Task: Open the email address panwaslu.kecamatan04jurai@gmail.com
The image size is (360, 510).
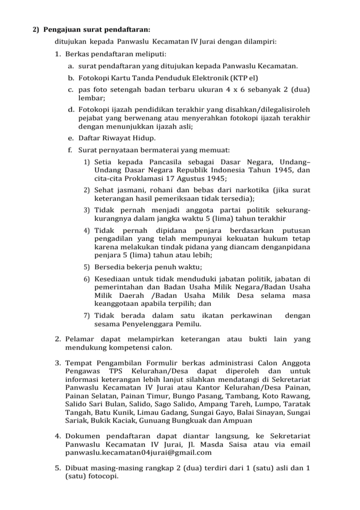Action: coord(138,452)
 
